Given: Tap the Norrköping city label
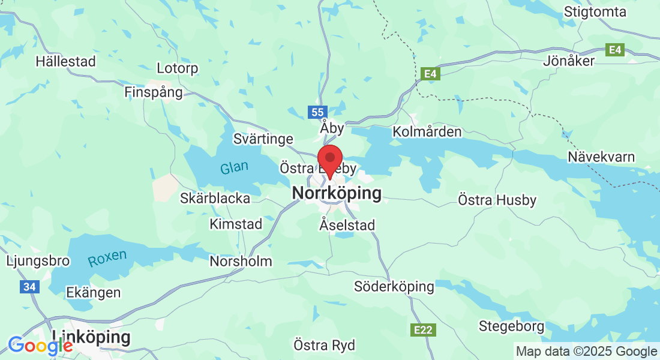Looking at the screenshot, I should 336,194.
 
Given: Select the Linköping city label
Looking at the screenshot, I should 91,337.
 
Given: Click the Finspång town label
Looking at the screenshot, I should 153,92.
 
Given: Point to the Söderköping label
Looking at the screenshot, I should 394,286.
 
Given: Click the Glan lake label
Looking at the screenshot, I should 233,167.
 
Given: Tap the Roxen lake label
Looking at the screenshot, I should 107,258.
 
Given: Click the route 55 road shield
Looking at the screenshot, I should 317,112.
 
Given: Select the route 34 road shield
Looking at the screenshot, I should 29,287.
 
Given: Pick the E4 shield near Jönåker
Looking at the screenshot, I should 615,50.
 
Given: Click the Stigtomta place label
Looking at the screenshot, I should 595,12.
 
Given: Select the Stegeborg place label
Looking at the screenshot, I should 511,326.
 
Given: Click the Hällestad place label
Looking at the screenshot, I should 65,61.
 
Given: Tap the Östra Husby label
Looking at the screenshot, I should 497,200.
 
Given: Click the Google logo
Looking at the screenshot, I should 40,346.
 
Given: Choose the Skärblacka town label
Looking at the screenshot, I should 215,198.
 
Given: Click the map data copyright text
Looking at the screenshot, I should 586,352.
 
